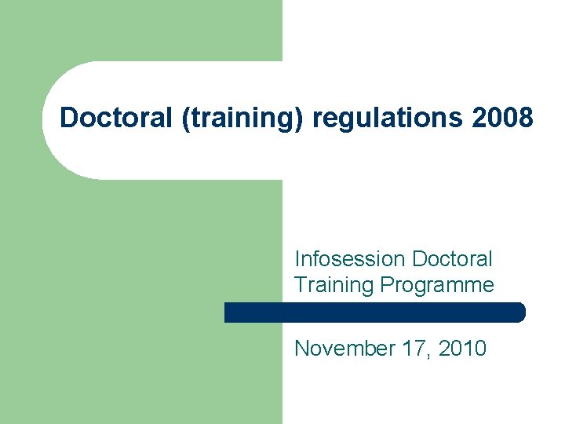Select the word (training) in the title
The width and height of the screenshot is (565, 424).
pyautogui.click(x=238, y=119)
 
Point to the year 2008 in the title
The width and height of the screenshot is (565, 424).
pyautogui.click(x=503, y=119)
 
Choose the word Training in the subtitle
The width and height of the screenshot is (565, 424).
pyautogui.click(x=334, y=284)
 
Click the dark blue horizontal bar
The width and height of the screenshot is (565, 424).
pyautogui.click(x=374, y=313)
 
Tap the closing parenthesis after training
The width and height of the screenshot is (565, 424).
pyautogui.click(x=304, y=119)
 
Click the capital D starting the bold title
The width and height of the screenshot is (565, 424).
pyautogui.click(x=68, y=119)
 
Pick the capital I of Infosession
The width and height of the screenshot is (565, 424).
pyautogui.click(x=297, y=258)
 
